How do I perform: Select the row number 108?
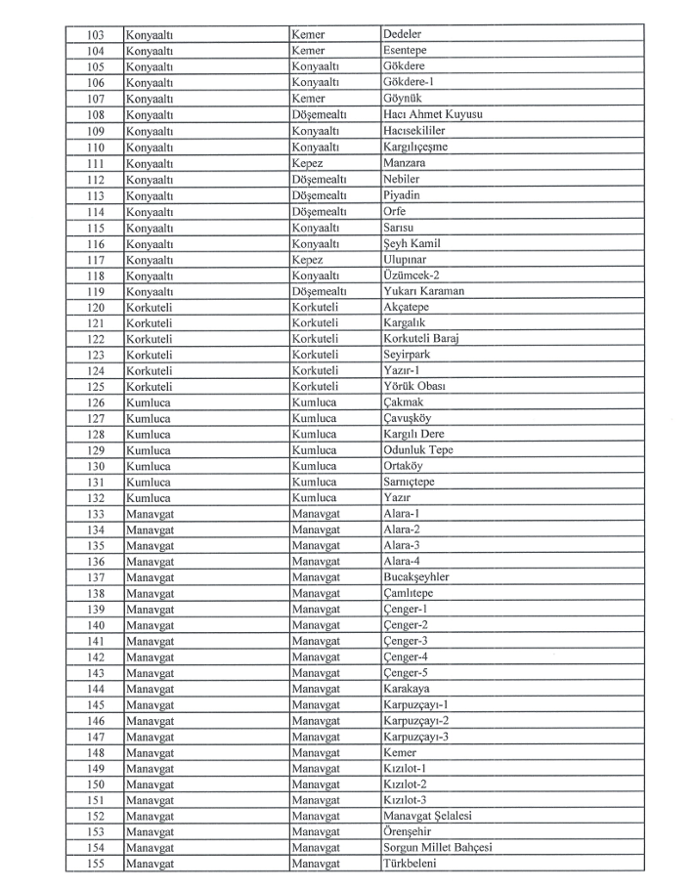[96, 115]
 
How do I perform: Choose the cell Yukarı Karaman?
[424, 292]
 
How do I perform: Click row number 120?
[96, 308]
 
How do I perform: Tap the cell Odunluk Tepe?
[418, 451]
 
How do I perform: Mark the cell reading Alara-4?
[403, 564]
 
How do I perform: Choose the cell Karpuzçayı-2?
[416, 723]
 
